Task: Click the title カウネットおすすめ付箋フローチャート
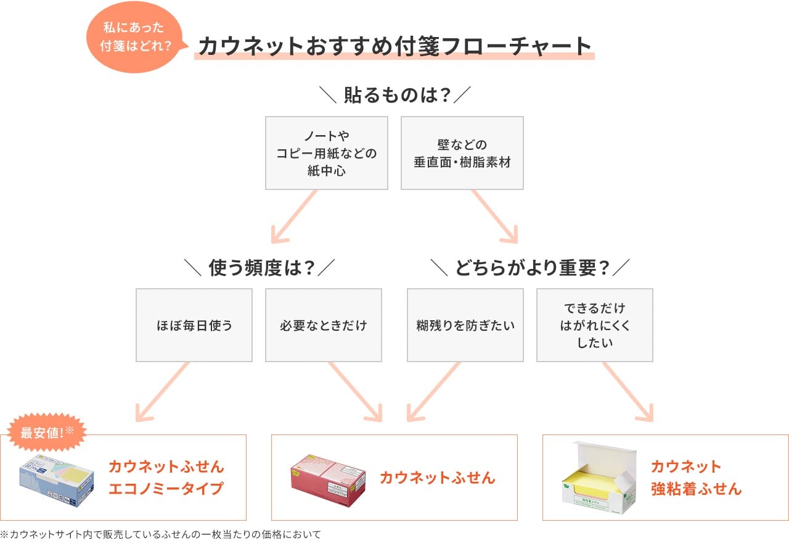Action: point(394,46)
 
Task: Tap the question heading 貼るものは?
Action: point(394,96)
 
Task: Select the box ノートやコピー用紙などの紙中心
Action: point(327,153)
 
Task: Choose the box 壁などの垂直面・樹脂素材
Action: point(462,153)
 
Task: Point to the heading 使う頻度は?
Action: point(259,268)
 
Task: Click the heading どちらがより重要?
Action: point(530,268)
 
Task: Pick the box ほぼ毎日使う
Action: point(194,325)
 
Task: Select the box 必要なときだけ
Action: point(324,325)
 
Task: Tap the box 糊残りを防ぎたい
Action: point(465,325)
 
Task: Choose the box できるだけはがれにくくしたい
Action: point(595,325)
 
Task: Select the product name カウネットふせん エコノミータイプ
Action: point(166,477)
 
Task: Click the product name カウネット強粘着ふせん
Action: point(696,477)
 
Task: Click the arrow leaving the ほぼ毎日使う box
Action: point(161,392)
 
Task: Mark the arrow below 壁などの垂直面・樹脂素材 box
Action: point(495,215)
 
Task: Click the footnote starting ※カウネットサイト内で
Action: point(161,534)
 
